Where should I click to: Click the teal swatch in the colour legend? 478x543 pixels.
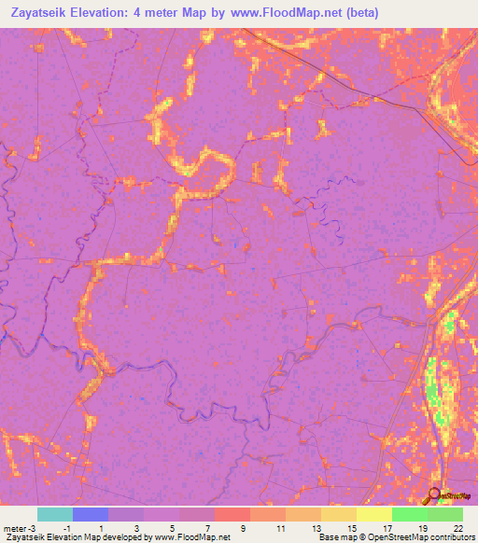click(x=55, y=514)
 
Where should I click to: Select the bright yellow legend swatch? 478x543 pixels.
click(x=373, y=514)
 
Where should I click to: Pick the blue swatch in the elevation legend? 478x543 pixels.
click(x=91, y=514)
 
